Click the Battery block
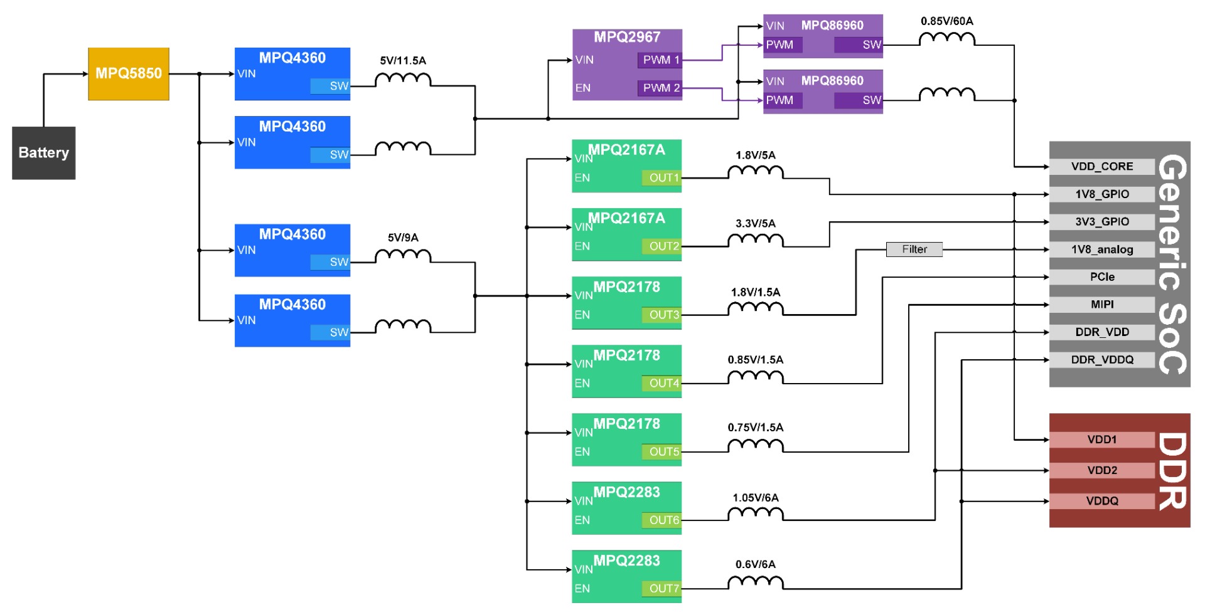point(44,153)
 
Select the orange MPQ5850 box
point(129,74)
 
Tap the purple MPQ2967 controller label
point(627,37)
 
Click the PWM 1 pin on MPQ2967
point(661,60)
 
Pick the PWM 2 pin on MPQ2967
point(661,88)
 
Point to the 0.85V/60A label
point(947,21)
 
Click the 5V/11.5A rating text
point(403,61)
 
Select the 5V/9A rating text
point(403,238)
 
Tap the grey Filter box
point(914,250)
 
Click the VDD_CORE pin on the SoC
point(1102,167)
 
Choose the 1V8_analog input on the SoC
point(1102,250)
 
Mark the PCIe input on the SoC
point(1102,277)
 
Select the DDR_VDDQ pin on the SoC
point(1102,360)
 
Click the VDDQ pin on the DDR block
point(1102,502)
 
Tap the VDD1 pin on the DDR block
point(1102,440)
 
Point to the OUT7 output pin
point(661,589)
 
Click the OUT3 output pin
point(661,315)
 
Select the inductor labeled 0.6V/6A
point(756,582)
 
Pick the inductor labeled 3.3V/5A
point(756,240)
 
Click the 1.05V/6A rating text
point(756,498)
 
